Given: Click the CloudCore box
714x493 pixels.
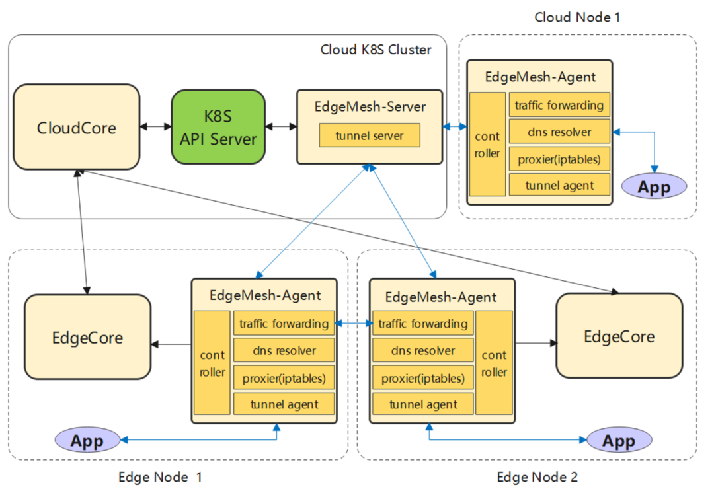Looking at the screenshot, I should click(x=77, y=127).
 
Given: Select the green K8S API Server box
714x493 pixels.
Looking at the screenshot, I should click(x=218, y=127).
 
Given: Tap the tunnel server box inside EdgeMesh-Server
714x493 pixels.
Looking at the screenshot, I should click(x=370, y=136).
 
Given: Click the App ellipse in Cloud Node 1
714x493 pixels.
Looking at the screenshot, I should click(x=654, y=186).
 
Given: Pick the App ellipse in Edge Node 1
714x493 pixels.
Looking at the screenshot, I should click(x=88, y=440).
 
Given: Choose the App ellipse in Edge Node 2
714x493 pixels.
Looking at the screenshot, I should click(x=619, y=440).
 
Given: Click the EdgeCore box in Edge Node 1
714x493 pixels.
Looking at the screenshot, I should click(x=87, y=337).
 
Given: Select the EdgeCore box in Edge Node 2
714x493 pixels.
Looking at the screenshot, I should click(x=619, y=336).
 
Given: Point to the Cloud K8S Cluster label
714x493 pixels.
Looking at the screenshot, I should click(x=376, y=50).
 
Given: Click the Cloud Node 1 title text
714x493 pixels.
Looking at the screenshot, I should click(x=577, y=17).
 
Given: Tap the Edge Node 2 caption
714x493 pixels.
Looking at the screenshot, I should click(x=537, y=476).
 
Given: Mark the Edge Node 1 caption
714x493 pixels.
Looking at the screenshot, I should click(x=160, y=476).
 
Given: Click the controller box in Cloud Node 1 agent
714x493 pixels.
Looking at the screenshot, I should click(x=487, y=144).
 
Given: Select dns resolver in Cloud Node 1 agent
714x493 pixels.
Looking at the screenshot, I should click(x=559, y=132).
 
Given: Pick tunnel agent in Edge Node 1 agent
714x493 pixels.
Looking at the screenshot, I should click(x=284, y=404).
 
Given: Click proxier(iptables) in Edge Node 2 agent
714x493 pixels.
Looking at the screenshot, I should click(x=423, y=378).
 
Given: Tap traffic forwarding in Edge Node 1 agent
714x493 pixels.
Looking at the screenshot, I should click(x=284, y=324).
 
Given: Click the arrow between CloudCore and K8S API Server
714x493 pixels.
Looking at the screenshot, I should click(x=156, y=126).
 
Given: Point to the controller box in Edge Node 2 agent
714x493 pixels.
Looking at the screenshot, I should click(x=494, y=363).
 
